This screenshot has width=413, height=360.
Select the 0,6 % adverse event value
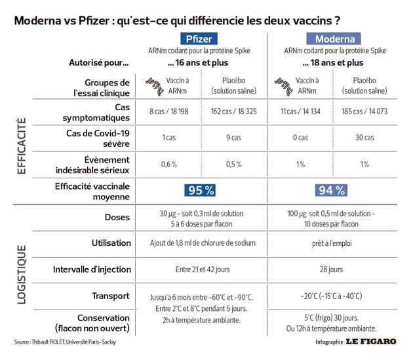pyautogui.click(x=168, y=163)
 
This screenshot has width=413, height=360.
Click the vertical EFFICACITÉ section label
pyautogui.click(x=21, y=145)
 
